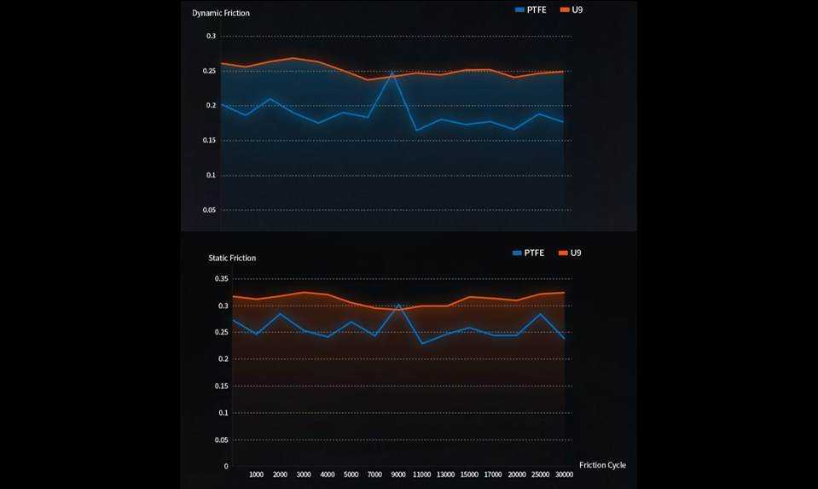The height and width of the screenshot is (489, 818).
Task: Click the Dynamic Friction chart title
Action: click(221, 13)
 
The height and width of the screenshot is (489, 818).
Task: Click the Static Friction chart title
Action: click(232, 258)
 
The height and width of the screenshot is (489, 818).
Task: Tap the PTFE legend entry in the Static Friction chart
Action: click(528, 253)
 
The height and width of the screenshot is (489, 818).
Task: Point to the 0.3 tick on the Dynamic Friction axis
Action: click(211, 36)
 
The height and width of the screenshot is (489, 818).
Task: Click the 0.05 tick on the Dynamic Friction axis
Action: click(209, 210)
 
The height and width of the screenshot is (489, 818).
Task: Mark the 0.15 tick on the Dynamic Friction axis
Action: click(209, 140)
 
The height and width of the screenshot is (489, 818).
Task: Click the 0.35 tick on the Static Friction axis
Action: click(220, 278)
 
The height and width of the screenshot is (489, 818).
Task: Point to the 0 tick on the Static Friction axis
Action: click(226, 466)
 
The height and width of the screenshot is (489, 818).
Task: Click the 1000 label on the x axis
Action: click(256, 474)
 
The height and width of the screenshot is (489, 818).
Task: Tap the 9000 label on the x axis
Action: click(398, 474)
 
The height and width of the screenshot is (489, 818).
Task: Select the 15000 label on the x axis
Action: click(469, 474)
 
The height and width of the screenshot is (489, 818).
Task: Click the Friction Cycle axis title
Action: click(602, 465)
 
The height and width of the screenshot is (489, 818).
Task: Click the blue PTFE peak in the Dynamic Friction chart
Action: click(392, 73)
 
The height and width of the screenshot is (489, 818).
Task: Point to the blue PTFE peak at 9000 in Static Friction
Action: click(398, 304)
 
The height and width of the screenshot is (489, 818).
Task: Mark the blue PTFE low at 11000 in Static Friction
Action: click(421, 343)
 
